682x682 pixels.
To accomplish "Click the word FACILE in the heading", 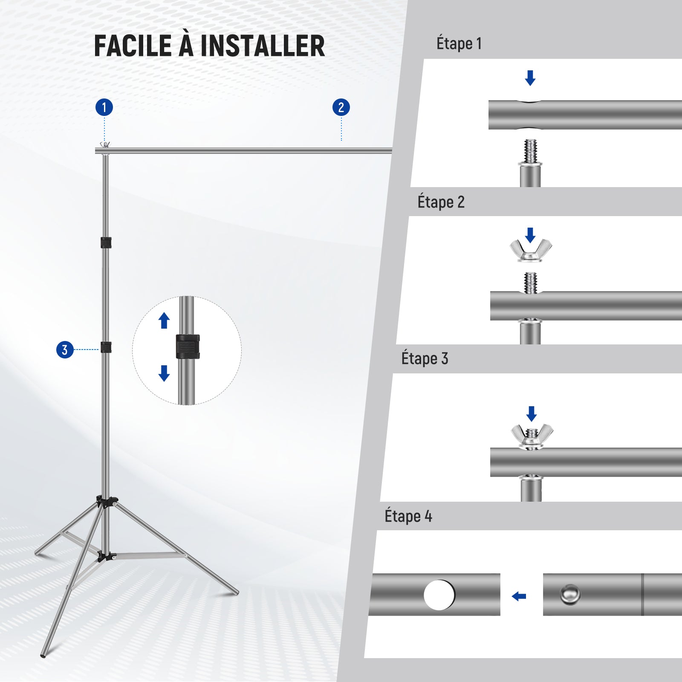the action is click(x=133, y=46).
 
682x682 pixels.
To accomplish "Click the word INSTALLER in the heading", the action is click(x=263, y=46).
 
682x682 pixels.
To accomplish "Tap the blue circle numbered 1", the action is click(x=104, y=107).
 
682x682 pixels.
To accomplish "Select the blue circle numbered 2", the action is click(x=341, y=107).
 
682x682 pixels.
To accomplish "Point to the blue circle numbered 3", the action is click(x=65, y=350).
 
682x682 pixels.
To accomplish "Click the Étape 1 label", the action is click(x=459, y=43).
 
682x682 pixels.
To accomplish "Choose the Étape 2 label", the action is click(x=441, y=202).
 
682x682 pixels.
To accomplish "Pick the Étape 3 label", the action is click(x=425, y=358).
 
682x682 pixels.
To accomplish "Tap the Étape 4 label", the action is click(x=408, y=516).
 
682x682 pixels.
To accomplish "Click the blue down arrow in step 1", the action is click(x=530, y=78).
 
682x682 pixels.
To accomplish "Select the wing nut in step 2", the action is click(x=531, y=250).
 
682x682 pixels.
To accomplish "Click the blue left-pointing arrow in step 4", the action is click(x=519, y=596).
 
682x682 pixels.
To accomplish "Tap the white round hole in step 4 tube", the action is click(x=439, y=595).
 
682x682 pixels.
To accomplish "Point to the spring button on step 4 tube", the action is click(x=570, y=594).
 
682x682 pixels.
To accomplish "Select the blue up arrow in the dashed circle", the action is click(x=164, y=321).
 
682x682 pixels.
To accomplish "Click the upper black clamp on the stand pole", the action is click(x=106, y=243).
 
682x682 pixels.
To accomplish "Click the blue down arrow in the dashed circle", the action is click(x=164, y=373).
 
